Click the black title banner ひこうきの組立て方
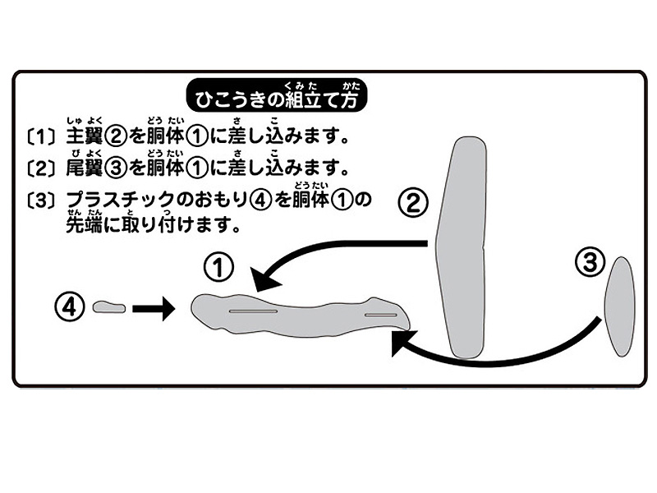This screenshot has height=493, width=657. point(277,95)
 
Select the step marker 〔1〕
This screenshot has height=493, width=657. point(40,136)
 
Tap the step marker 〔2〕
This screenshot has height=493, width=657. point(40,168)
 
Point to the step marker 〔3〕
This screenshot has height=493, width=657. point(40,200)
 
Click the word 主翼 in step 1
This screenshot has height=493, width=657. point(85,136)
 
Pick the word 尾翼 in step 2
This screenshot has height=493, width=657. point(85,168)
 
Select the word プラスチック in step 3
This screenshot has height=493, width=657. point(120,200)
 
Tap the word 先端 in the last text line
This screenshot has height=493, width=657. point(85,225)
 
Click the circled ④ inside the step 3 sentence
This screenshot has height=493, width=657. point(260,200)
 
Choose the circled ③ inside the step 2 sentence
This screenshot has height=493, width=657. point(116,168)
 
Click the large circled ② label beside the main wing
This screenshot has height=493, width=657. point(413,203)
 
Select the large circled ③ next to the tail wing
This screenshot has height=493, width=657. point(590,262)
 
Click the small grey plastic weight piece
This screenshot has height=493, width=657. point(109,307)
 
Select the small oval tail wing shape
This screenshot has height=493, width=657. point(620,306)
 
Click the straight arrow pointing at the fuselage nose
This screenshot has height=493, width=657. point(154,309)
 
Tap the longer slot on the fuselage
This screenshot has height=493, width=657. point(253,311)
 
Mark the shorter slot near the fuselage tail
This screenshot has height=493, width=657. point(381,315)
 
